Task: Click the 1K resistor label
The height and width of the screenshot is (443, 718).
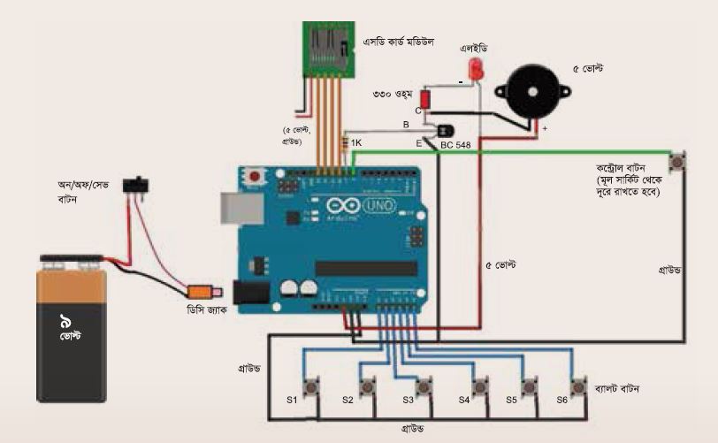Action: tap(355, 142)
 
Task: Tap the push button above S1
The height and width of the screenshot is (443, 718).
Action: tap(312, 386)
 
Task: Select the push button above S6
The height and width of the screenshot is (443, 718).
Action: tap(579, 386)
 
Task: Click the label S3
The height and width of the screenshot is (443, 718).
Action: tap(409, 401)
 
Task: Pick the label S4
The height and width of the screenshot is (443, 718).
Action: tap(464, 401)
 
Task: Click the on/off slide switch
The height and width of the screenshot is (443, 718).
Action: tap(137, 184)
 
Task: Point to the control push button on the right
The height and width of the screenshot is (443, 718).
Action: tap(678, 162)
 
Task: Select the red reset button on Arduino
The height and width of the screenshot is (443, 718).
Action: tap(256, 175)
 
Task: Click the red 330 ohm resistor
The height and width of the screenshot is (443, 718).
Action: tap(425, 97)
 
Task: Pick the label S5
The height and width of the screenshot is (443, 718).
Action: tap(511, 401)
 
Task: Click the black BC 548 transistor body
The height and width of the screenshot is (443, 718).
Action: tap(432, 132)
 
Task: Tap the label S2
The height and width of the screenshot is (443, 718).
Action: tap(348, 401)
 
